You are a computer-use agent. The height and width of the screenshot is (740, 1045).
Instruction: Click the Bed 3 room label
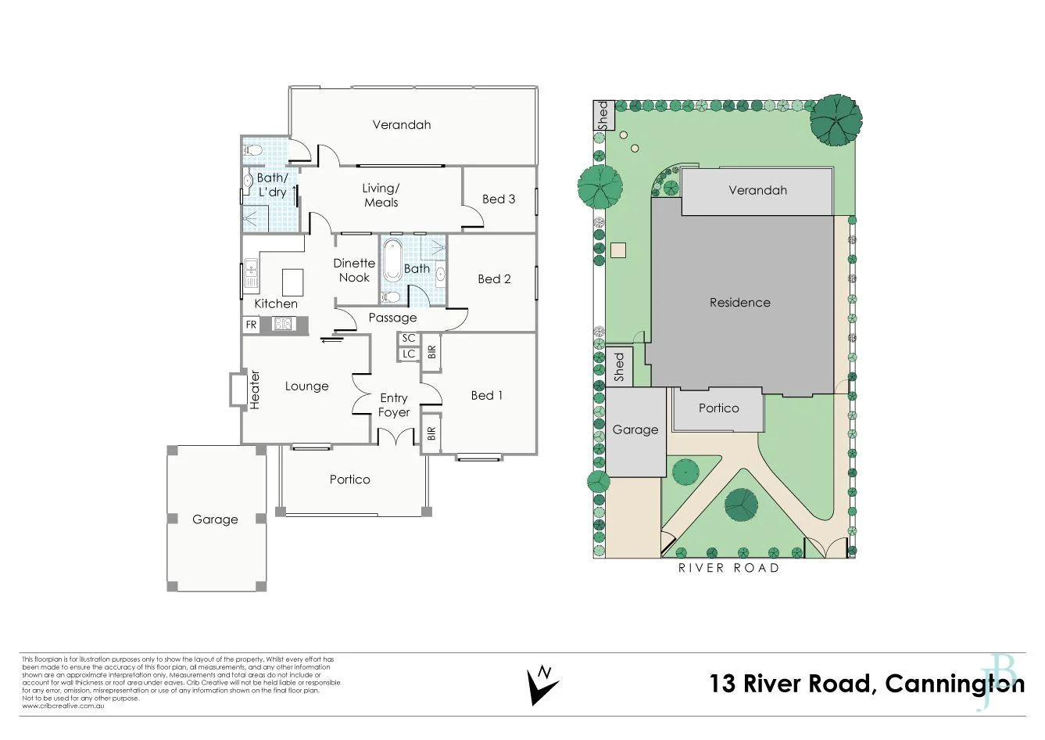coord(498,199)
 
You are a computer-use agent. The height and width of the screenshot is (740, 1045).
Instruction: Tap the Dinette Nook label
coord(354,270)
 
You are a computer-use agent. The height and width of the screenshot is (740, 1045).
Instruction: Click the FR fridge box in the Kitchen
coord(251,324)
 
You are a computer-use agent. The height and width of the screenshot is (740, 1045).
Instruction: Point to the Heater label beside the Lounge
coord(254,389)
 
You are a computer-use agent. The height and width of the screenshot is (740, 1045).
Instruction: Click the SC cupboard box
coord(408,339)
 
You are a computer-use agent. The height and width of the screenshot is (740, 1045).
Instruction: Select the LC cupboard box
coord(408,354)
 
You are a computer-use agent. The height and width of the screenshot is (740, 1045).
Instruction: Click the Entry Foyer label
coord(394,405)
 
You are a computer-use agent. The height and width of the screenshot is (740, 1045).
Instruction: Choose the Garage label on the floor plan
coord(215,519)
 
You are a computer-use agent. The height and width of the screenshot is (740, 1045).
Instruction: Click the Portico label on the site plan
coord(718,408)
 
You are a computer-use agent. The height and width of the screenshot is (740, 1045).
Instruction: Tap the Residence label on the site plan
coord(739,302)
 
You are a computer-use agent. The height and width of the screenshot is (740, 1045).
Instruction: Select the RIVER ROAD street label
coord(728,568)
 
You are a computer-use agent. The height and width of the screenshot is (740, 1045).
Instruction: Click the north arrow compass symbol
coord(542,684)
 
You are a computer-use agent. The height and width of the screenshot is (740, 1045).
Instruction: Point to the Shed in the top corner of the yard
coord(603,116)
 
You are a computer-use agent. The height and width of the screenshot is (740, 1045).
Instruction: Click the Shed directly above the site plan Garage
coord(619,367)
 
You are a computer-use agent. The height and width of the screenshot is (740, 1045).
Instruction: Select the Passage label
coord(392,318)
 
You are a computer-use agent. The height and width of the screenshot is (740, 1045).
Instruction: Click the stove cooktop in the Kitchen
coord(283,324)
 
